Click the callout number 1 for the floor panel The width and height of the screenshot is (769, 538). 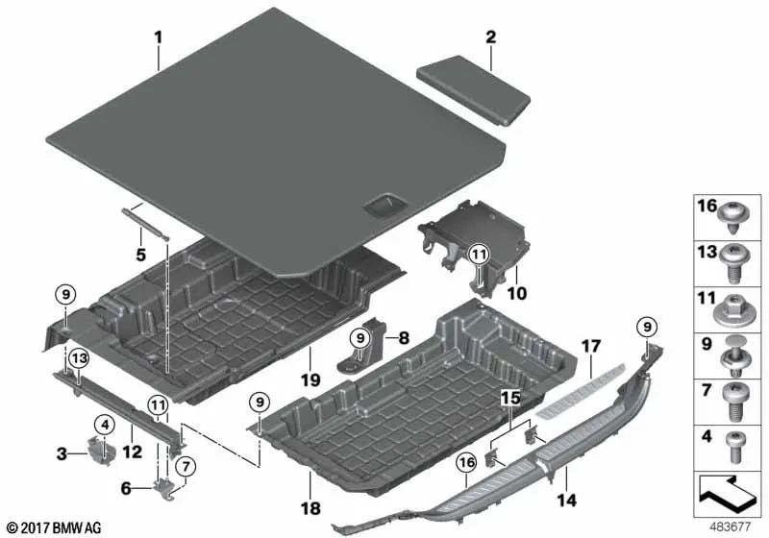pyautogui.click(x=159, y=38)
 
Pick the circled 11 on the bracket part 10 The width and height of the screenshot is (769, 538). pyautogui.click(x=480, y=254)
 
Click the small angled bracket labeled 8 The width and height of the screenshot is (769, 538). pyautogui.click(x=367, y=349)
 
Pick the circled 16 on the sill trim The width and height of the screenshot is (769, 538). pyautogui.click(x=466, y=464)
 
